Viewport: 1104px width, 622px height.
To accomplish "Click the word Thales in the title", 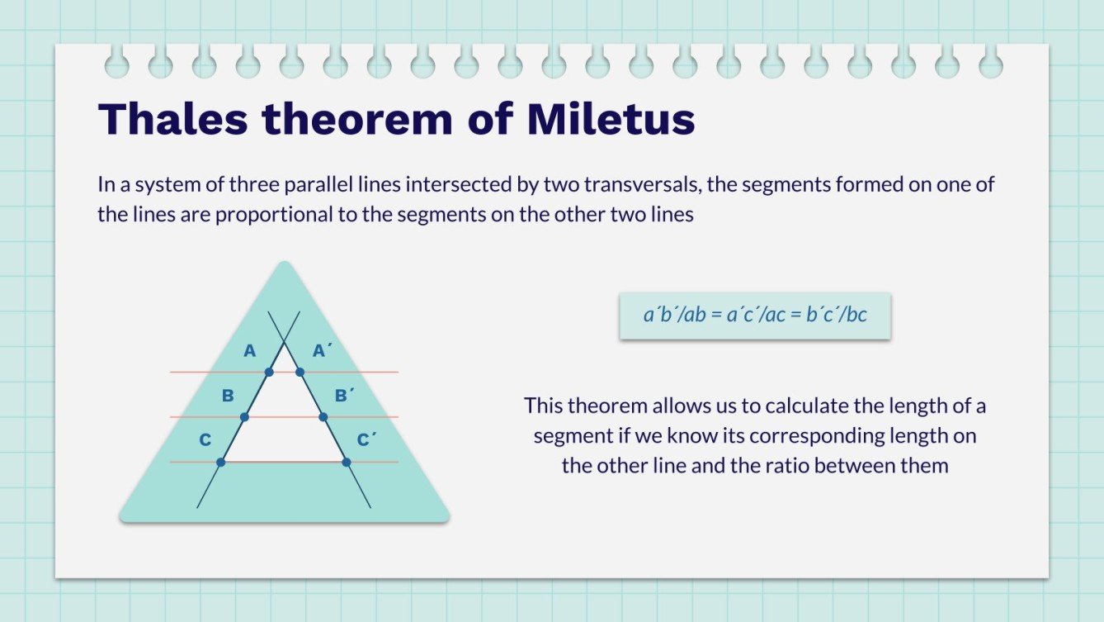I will [x=172, y=120].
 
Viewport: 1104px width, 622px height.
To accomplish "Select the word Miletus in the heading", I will [x=611, y=120].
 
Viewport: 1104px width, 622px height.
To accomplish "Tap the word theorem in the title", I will [x=357, y=120].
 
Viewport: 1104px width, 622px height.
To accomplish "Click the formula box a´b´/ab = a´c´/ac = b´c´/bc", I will [x=755, y=315].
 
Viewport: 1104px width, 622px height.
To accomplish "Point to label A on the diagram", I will [x=250, y=351].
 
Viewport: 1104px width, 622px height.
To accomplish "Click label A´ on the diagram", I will [x=322, y=351].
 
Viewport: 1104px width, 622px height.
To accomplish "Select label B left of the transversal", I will [x=228, y=396].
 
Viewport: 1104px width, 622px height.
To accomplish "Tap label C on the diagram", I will [x=205, y=440].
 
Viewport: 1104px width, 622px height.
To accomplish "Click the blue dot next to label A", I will [x=269, y=373].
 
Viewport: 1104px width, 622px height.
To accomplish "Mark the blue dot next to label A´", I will [x=300, y=373].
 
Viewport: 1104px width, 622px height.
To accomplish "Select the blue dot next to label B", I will [x=244, y=417].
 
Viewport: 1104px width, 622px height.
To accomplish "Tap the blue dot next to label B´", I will [x=323, y=417].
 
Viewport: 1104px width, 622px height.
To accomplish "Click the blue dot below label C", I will [x=220, y=462].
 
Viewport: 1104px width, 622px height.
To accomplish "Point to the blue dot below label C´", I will [x=347, y=462].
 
